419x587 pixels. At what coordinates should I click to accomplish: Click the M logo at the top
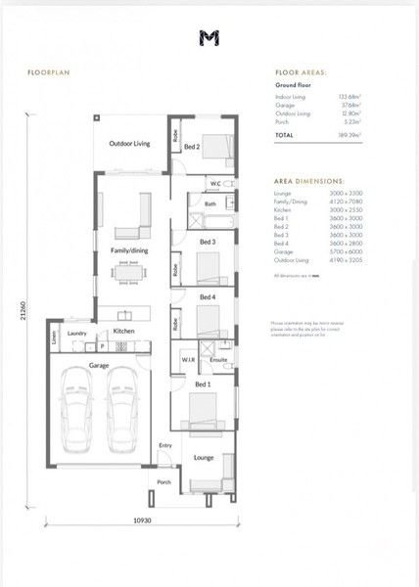209,38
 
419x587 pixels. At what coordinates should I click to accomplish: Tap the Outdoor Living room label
129,144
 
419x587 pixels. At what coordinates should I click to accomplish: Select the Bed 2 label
193,147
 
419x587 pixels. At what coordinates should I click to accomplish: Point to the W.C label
215,184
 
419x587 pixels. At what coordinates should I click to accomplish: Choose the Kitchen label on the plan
123,332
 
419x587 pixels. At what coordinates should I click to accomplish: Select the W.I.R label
187,360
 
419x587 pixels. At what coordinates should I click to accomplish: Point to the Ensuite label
219,360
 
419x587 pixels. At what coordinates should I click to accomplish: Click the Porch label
163,481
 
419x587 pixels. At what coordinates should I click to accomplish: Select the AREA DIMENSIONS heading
309,181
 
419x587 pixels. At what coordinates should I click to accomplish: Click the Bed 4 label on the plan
208,296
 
